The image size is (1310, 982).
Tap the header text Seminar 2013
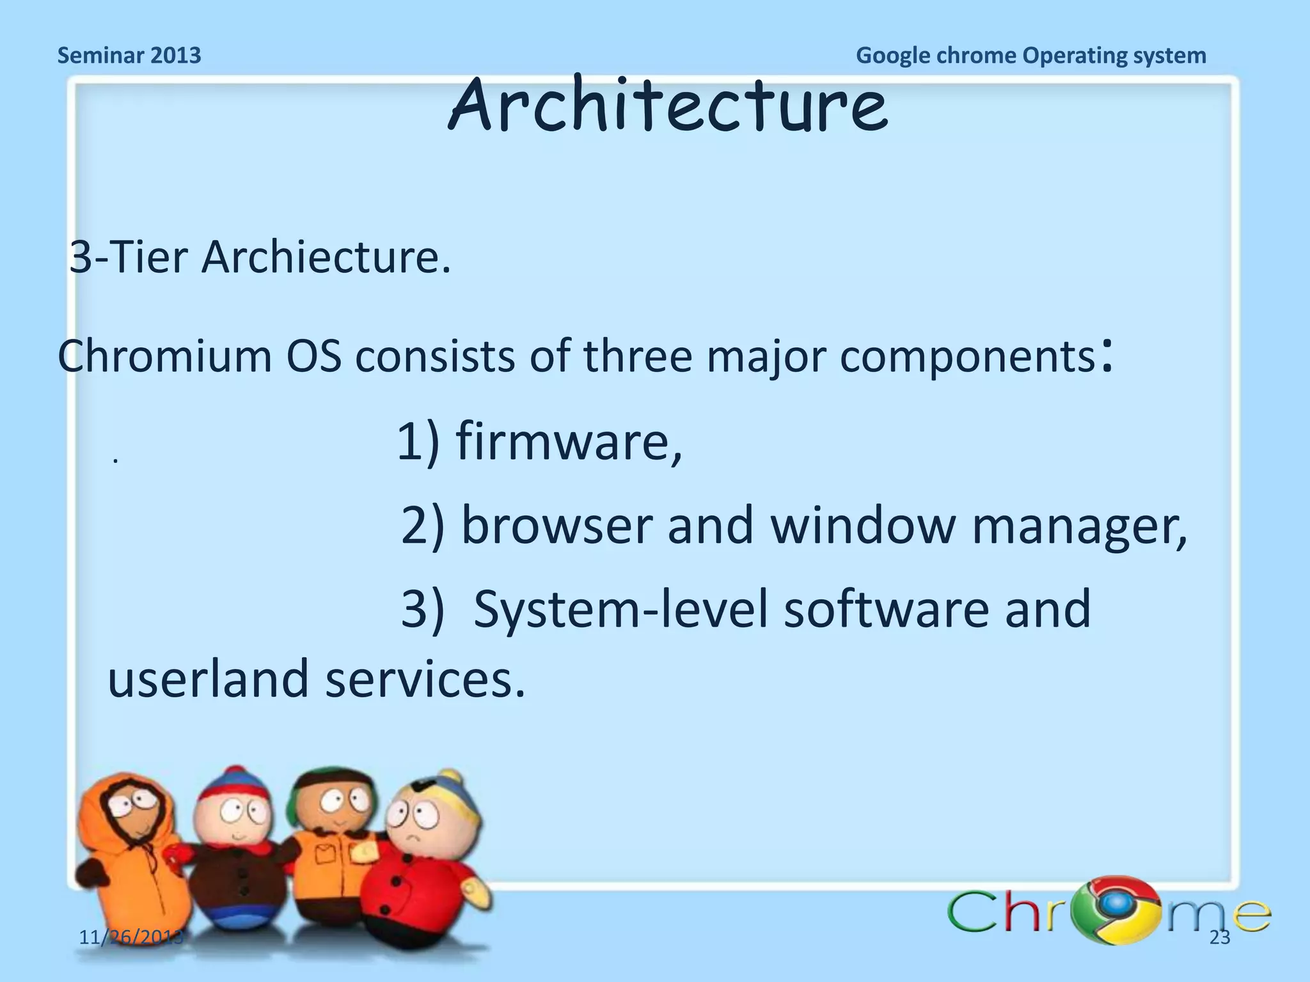pos(129,56)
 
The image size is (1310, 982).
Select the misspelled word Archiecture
pos(326,258)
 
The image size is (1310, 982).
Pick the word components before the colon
pos(967,357)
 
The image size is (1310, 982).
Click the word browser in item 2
pos(556,525)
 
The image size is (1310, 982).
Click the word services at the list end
pos(425,679)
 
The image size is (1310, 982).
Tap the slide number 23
pos(1220,938)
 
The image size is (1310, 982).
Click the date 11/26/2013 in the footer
pos(131,938)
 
